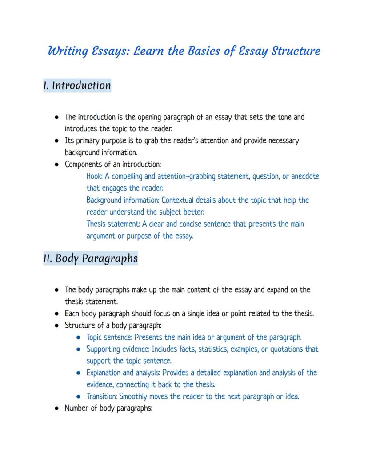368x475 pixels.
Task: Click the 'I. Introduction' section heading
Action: pos(77,85)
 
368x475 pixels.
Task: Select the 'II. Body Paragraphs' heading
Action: pos(90,258)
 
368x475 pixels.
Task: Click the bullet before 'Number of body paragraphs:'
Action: pos(57,408)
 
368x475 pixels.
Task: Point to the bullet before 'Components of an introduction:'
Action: pos(57,165)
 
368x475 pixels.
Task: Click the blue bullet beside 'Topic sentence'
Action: pos(78,338)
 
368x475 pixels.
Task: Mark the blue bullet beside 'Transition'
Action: pos(78,397)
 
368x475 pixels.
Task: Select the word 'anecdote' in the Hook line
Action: pos(305,176)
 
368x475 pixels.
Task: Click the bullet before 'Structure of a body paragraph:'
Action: pos(57,326)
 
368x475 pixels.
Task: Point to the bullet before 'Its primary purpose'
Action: pos(57,141)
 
